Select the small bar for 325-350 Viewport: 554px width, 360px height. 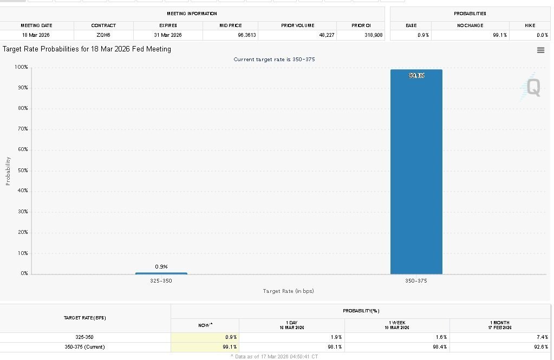[161, 273]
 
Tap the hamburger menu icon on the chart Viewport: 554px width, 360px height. [540, 50]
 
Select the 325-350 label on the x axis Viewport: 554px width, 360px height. [161, 281]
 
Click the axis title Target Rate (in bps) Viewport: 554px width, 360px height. [288, 291]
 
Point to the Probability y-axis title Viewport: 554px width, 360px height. [8, 171]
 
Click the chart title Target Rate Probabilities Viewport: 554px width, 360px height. [87, 49]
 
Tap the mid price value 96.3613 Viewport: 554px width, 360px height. [247, 35]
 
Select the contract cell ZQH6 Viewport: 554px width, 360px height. [103, 35]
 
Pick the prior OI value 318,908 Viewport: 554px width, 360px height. [374, 35]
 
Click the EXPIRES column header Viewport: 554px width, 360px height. [168, 25]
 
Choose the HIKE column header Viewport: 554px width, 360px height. [530, 25]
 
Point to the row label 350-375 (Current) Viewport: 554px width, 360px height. [84, 347]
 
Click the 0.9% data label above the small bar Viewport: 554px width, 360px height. [161, 266]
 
